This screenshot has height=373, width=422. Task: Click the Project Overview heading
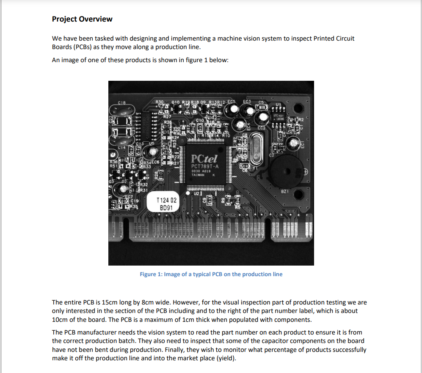tap(82, 19)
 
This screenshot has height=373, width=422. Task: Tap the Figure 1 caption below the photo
tap(211, 274)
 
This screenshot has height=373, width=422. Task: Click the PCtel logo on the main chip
tap(204, 159)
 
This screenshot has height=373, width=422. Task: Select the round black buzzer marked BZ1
tap(288, 170)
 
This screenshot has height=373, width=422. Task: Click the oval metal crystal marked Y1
tap(257, 146)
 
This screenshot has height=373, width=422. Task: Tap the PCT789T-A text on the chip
tap(205, 167)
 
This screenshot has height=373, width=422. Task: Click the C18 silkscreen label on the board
tap(121, 102)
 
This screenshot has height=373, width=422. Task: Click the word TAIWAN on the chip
tap(198, 175)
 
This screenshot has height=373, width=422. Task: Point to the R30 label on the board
tap(159, 102)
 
